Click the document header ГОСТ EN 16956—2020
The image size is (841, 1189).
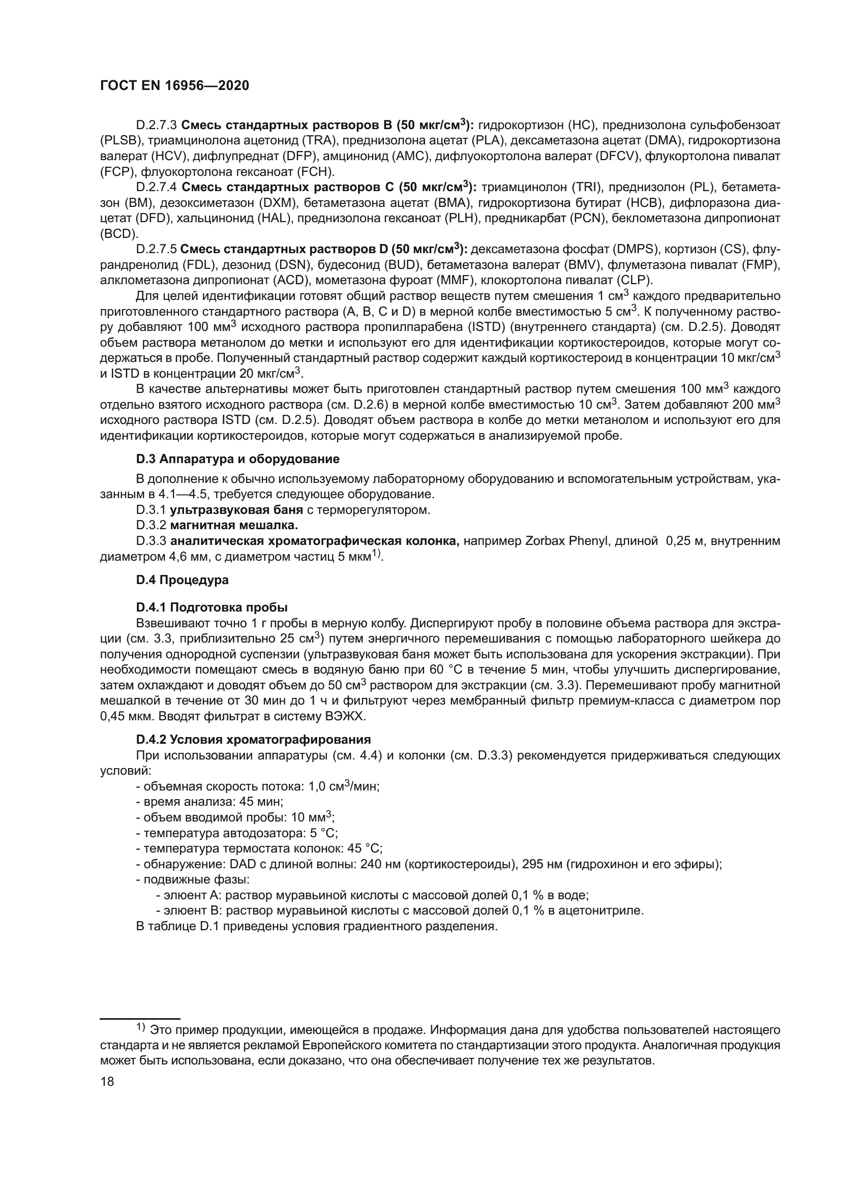point(174,85)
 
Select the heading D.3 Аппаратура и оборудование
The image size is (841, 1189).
point(237,459)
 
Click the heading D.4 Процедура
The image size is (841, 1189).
point(183,580)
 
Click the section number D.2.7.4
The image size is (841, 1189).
point(157,187)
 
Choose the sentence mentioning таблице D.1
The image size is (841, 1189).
point(316,926)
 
